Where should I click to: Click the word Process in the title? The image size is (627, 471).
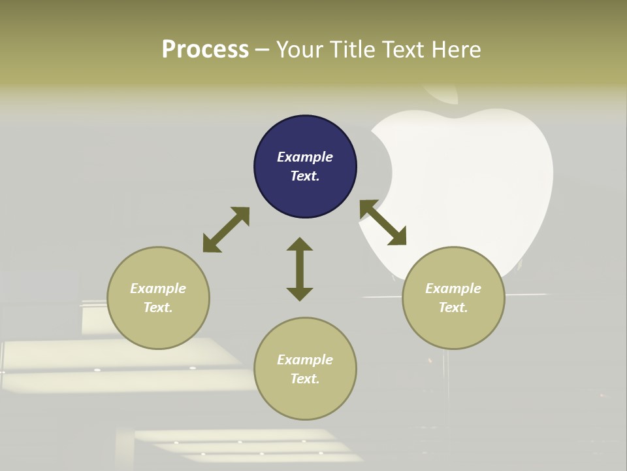coord(205,50)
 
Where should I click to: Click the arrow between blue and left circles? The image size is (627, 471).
coord(226,230)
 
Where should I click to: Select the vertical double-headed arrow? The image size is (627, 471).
coord(300,269)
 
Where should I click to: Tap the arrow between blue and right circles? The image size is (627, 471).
coord(383,223)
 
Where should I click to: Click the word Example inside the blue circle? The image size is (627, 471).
coord(305,157)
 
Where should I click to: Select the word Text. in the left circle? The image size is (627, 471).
coord(158,307)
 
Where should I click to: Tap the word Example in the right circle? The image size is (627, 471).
coord(453,288)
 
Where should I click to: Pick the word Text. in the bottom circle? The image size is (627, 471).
coord(305,379)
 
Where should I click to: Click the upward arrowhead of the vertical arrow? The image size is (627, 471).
coord(300,244)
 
